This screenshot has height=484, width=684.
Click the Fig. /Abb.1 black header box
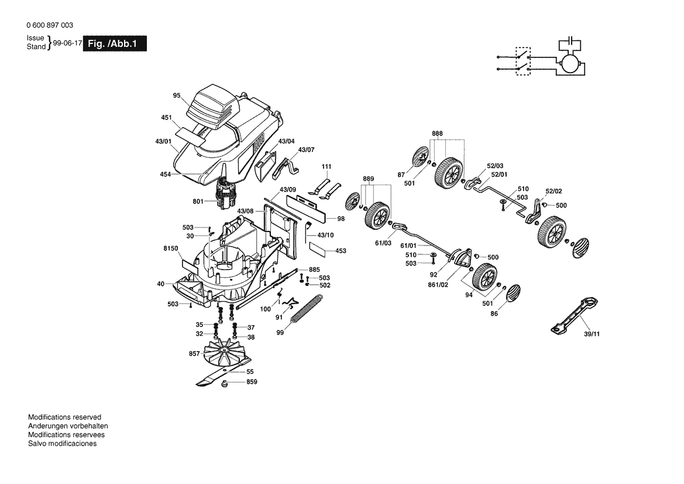pyautogui.click(x=115, y=44)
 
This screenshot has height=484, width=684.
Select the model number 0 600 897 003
pyautogui.click(x=50, y=25)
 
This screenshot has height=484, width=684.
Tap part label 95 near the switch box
pyautogui.click(x=177, y=95)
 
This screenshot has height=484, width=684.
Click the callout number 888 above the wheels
pyautogui.click(x=438, y=134)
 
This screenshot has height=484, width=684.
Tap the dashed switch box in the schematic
pyautogui.click(x=522, y=60)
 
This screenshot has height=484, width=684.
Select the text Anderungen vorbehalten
pyautogui.click(x=68, y=426)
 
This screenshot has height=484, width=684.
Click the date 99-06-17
pyautogui.click(x=67, y=43)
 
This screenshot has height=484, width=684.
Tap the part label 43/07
pyautogui.click(x=306, y=150)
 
